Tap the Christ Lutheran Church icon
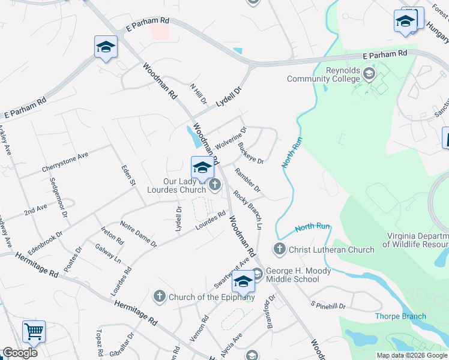click(279, 249)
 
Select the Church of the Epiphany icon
click(159, 296)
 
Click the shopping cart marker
click(34, 331)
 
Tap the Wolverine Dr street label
click(231, 138)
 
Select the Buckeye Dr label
click(250, 152)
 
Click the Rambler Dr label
click(247, 180)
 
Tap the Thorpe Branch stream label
click(400, 316)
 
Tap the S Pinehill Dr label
click(328, 306)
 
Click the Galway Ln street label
click(108, 254)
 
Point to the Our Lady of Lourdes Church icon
click(215, 187)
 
